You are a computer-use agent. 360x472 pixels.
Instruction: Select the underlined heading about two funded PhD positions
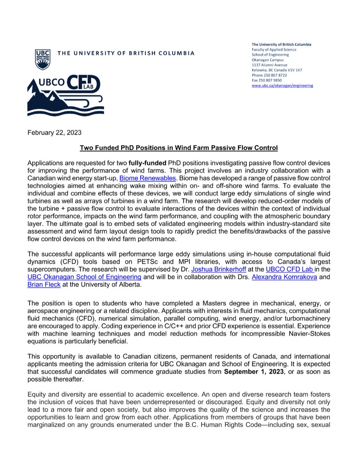tap(179, 148)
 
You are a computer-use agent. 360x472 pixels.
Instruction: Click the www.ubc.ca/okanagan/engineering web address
tap(282, 85)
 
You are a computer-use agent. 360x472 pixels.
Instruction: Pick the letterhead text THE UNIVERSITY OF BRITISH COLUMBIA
tap(126, 53)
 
